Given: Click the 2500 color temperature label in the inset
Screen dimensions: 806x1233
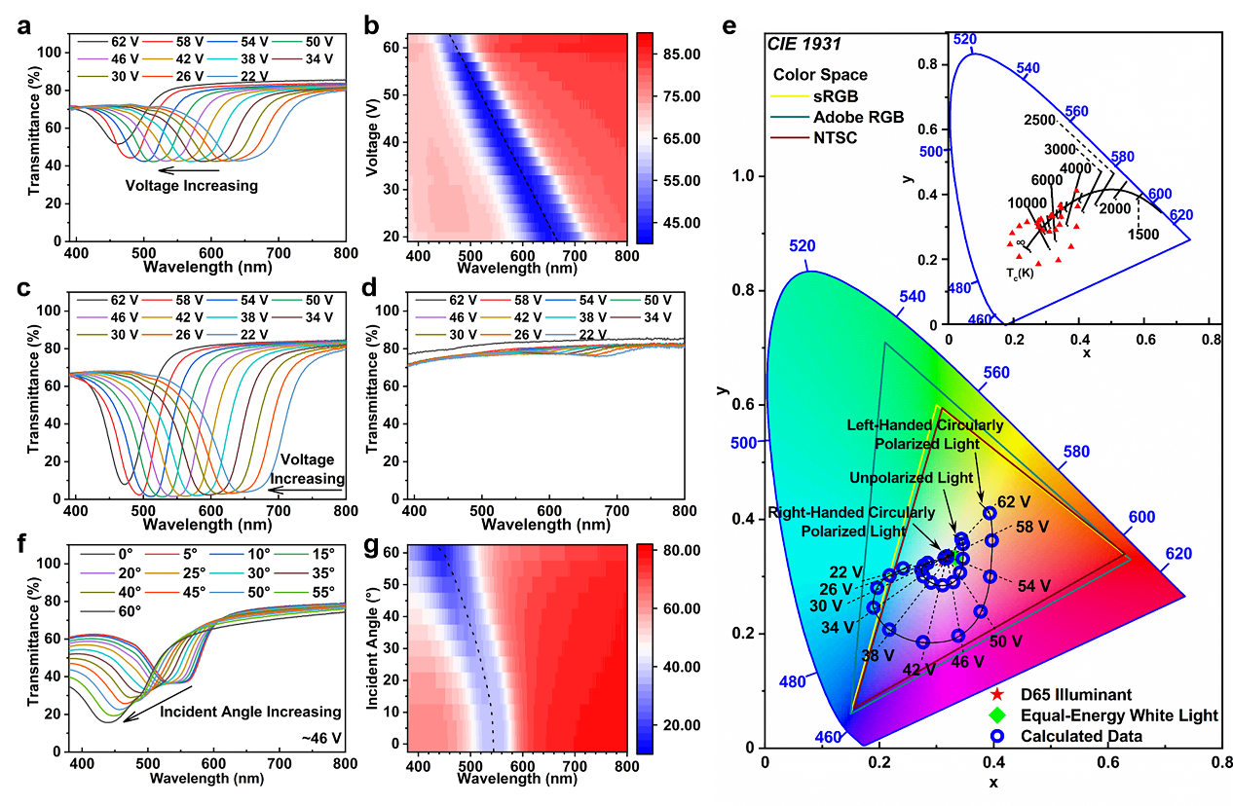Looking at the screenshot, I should tap(1042, 119).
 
